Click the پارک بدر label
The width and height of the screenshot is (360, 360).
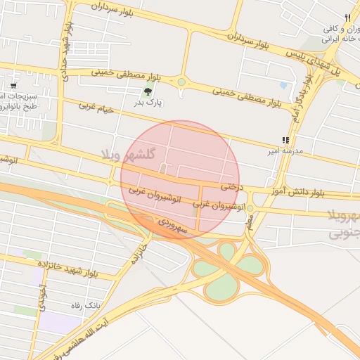148,103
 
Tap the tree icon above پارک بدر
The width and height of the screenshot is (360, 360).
148,91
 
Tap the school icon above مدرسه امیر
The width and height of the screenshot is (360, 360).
285,141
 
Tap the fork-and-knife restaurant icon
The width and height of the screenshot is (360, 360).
347,18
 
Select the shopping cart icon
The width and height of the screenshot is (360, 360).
13,85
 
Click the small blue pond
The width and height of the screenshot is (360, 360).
283,85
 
